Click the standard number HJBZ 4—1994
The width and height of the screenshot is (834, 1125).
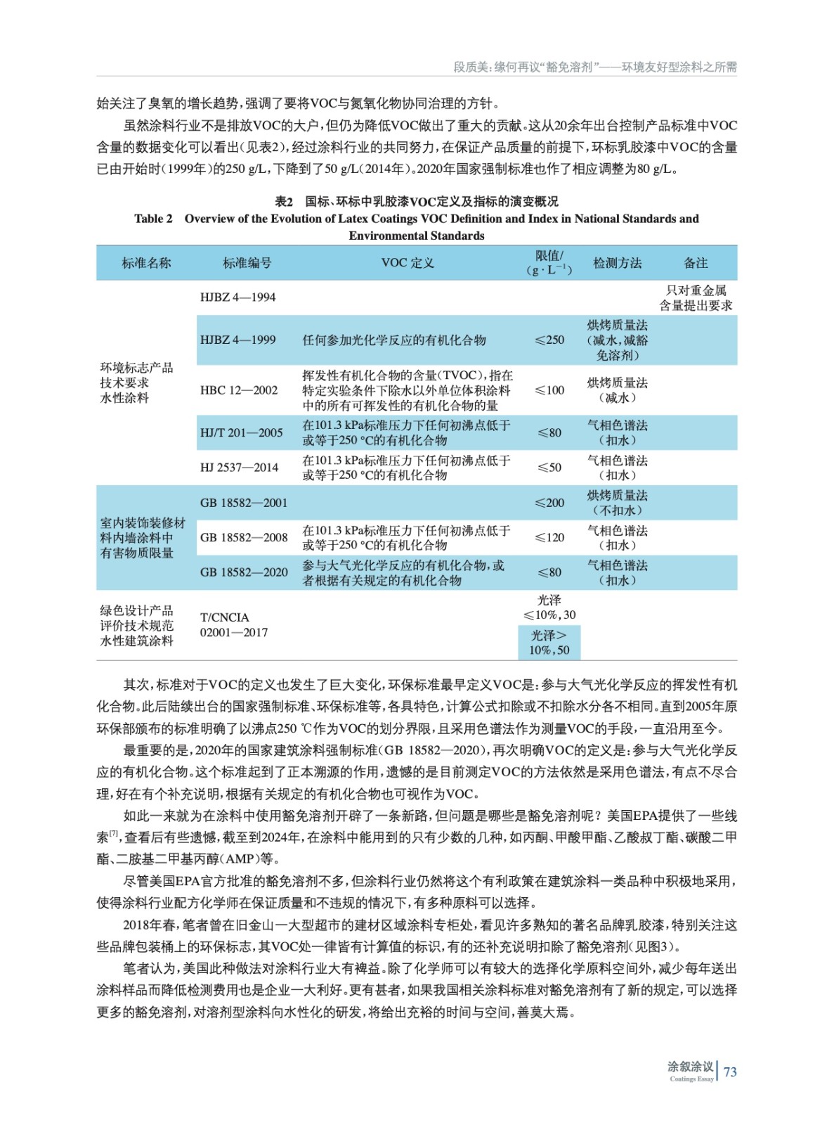pos(237,297)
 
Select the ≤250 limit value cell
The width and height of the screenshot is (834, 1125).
pos(549,340)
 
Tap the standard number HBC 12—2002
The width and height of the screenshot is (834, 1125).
pos(239,390)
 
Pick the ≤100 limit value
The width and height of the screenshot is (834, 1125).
pos(549,390)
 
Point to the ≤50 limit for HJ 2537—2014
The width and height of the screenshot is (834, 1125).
pos(549,468)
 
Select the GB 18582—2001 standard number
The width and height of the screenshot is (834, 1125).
pos(244,503)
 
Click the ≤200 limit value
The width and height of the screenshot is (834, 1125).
pos(549,503)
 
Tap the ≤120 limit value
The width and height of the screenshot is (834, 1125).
pos(549,538)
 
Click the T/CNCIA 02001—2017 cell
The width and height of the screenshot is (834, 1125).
pos(233,625)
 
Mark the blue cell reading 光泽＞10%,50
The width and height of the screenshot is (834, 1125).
pos(549,643)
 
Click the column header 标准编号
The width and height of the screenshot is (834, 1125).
pos(247,263)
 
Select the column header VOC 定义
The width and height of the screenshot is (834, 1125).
pos(408,263)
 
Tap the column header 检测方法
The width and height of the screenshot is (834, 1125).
pos(617,263)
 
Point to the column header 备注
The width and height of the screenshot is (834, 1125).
pos(695,263)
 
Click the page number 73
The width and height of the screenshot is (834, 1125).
pos(730,1072)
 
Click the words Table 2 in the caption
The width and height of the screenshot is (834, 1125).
pos(153,219)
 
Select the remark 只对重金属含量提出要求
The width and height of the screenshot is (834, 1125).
pos(696,297)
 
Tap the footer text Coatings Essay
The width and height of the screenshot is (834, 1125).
pos(691,1079)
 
